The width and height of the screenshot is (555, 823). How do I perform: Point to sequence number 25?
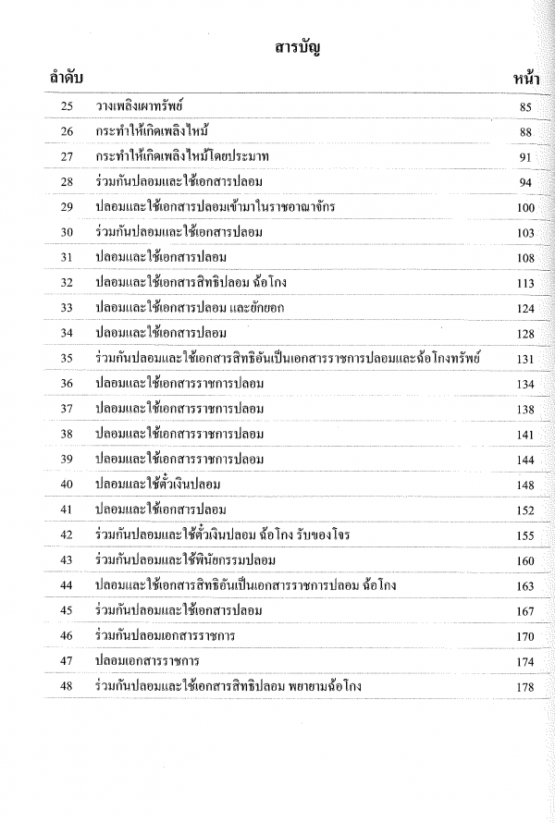66,109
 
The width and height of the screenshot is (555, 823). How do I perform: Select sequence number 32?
66,284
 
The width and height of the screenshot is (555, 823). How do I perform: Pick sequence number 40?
66,484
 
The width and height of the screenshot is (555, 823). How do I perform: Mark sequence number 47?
66,661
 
